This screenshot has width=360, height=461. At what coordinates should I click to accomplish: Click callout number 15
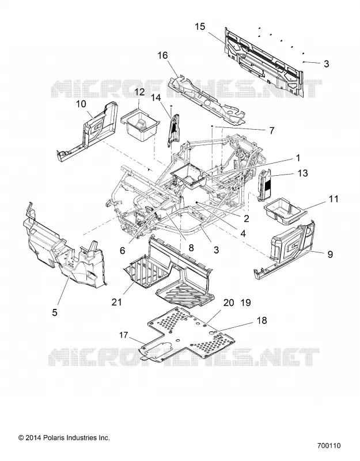pyautogui.click(x=200, y=27)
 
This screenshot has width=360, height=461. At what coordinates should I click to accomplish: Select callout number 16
pyautogui.click(x=162, y=55)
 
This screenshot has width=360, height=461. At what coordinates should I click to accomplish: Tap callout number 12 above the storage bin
pyautogui.click(x=139, y=92)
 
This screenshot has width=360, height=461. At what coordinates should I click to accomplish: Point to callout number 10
pyautogui.click(x=81, y=104)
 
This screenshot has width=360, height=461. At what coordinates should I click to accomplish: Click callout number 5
pyautogui.click(x=55, y=312)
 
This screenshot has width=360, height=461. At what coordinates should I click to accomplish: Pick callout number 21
pyautogui.click(x=117, y=302)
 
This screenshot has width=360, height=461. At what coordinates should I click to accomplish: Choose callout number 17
pyautogui.click(x=124, y=335)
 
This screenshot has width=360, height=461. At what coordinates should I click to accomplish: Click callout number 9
pyautogui.click(x=330, y=254)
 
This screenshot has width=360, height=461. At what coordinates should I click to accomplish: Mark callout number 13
pyautogui.click(x=303, y=173)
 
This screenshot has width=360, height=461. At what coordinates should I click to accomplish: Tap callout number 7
pyautogui.click(x=271, y=130)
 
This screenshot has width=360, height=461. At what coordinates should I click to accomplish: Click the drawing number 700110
pyautogui.click(x=329, y=445)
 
